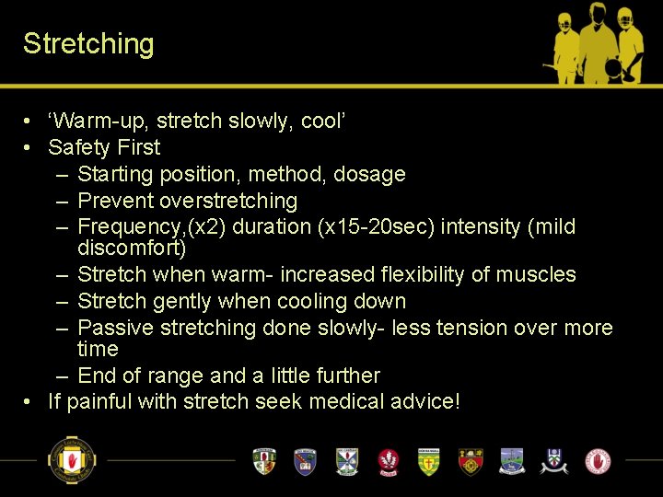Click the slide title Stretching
click(88, 44)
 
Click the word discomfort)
click(132, 248)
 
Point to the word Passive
click(114, 328)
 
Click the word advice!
click(426, 402)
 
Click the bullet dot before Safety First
click(29, 147)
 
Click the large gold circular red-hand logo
click(72, 460)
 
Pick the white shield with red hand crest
click(598, 460)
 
